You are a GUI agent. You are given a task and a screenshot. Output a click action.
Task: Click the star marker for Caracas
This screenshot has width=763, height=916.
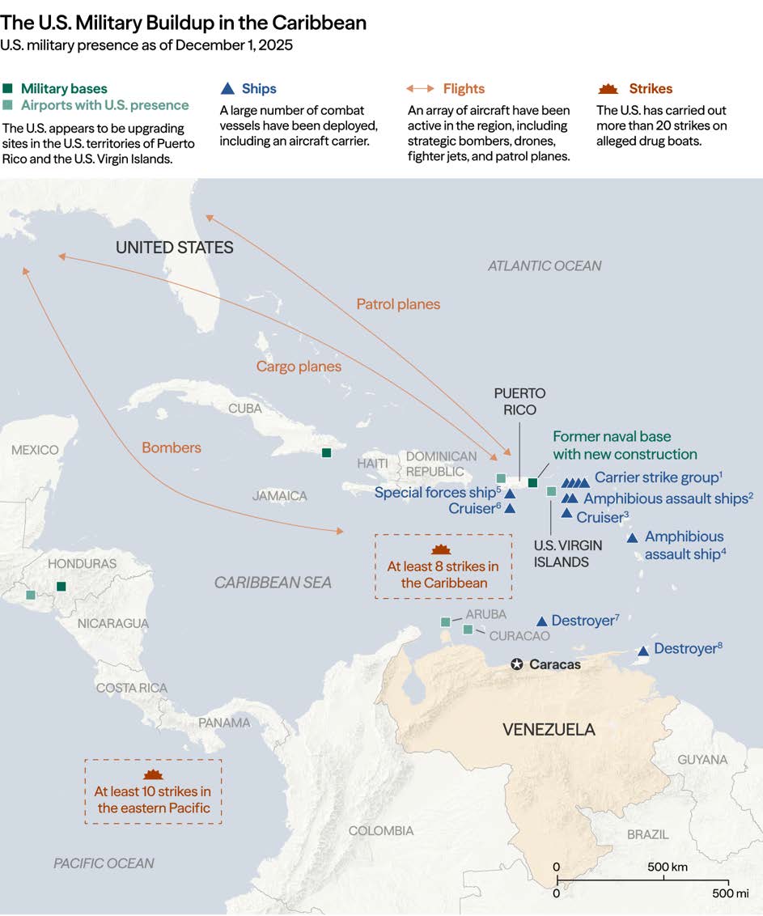coord(517,664)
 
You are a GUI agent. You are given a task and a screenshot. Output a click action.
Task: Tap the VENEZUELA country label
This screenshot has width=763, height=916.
coord(549,729)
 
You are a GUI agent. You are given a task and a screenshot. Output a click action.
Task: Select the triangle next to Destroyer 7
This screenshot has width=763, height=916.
coord(542,621)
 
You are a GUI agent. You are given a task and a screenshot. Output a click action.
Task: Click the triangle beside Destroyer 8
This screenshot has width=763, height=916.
coord(643,651)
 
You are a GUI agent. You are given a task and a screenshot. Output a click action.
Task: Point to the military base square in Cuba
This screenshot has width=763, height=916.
coord(326,453)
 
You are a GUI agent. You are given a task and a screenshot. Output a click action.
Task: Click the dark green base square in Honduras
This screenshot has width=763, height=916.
coord(61,587)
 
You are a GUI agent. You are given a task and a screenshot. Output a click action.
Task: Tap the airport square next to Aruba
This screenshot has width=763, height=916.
coord(445,621)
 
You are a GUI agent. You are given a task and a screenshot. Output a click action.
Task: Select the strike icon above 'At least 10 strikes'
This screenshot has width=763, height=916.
coord(153,774)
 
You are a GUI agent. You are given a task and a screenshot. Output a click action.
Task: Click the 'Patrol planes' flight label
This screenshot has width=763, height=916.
coord(398,304)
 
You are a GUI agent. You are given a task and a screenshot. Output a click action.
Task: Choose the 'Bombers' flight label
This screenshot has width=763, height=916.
coord(172,447)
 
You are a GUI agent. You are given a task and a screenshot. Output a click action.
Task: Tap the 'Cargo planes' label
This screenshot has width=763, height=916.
coord(299,367)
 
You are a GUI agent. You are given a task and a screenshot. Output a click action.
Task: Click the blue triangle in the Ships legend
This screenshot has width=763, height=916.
coord(228,89)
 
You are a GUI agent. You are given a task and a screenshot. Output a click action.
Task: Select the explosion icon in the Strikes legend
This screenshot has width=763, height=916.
coord(607,89)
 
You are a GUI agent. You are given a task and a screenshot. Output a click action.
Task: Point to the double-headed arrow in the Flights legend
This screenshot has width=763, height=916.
coord(420,89)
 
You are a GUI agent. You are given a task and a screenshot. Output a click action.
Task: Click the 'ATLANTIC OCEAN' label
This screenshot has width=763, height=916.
coord(544,265)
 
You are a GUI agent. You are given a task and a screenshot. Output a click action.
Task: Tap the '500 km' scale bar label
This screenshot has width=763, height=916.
coord(668,867)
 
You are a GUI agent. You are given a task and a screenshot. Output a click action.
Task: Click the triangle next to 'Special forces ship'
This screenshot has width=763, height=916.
coord(511,493)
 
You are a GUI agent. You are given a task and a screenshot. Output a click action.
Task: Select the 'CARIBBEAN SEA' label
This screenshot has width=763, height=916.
coord(273,583)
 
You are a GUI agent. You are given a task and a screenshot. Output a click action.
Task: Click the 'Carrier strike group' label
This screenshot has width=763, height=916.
coord(657,477)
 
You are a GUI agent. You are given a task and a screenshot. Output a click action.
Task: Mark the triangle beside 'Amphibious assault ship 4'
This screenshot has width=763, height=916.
coord(632,538)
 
